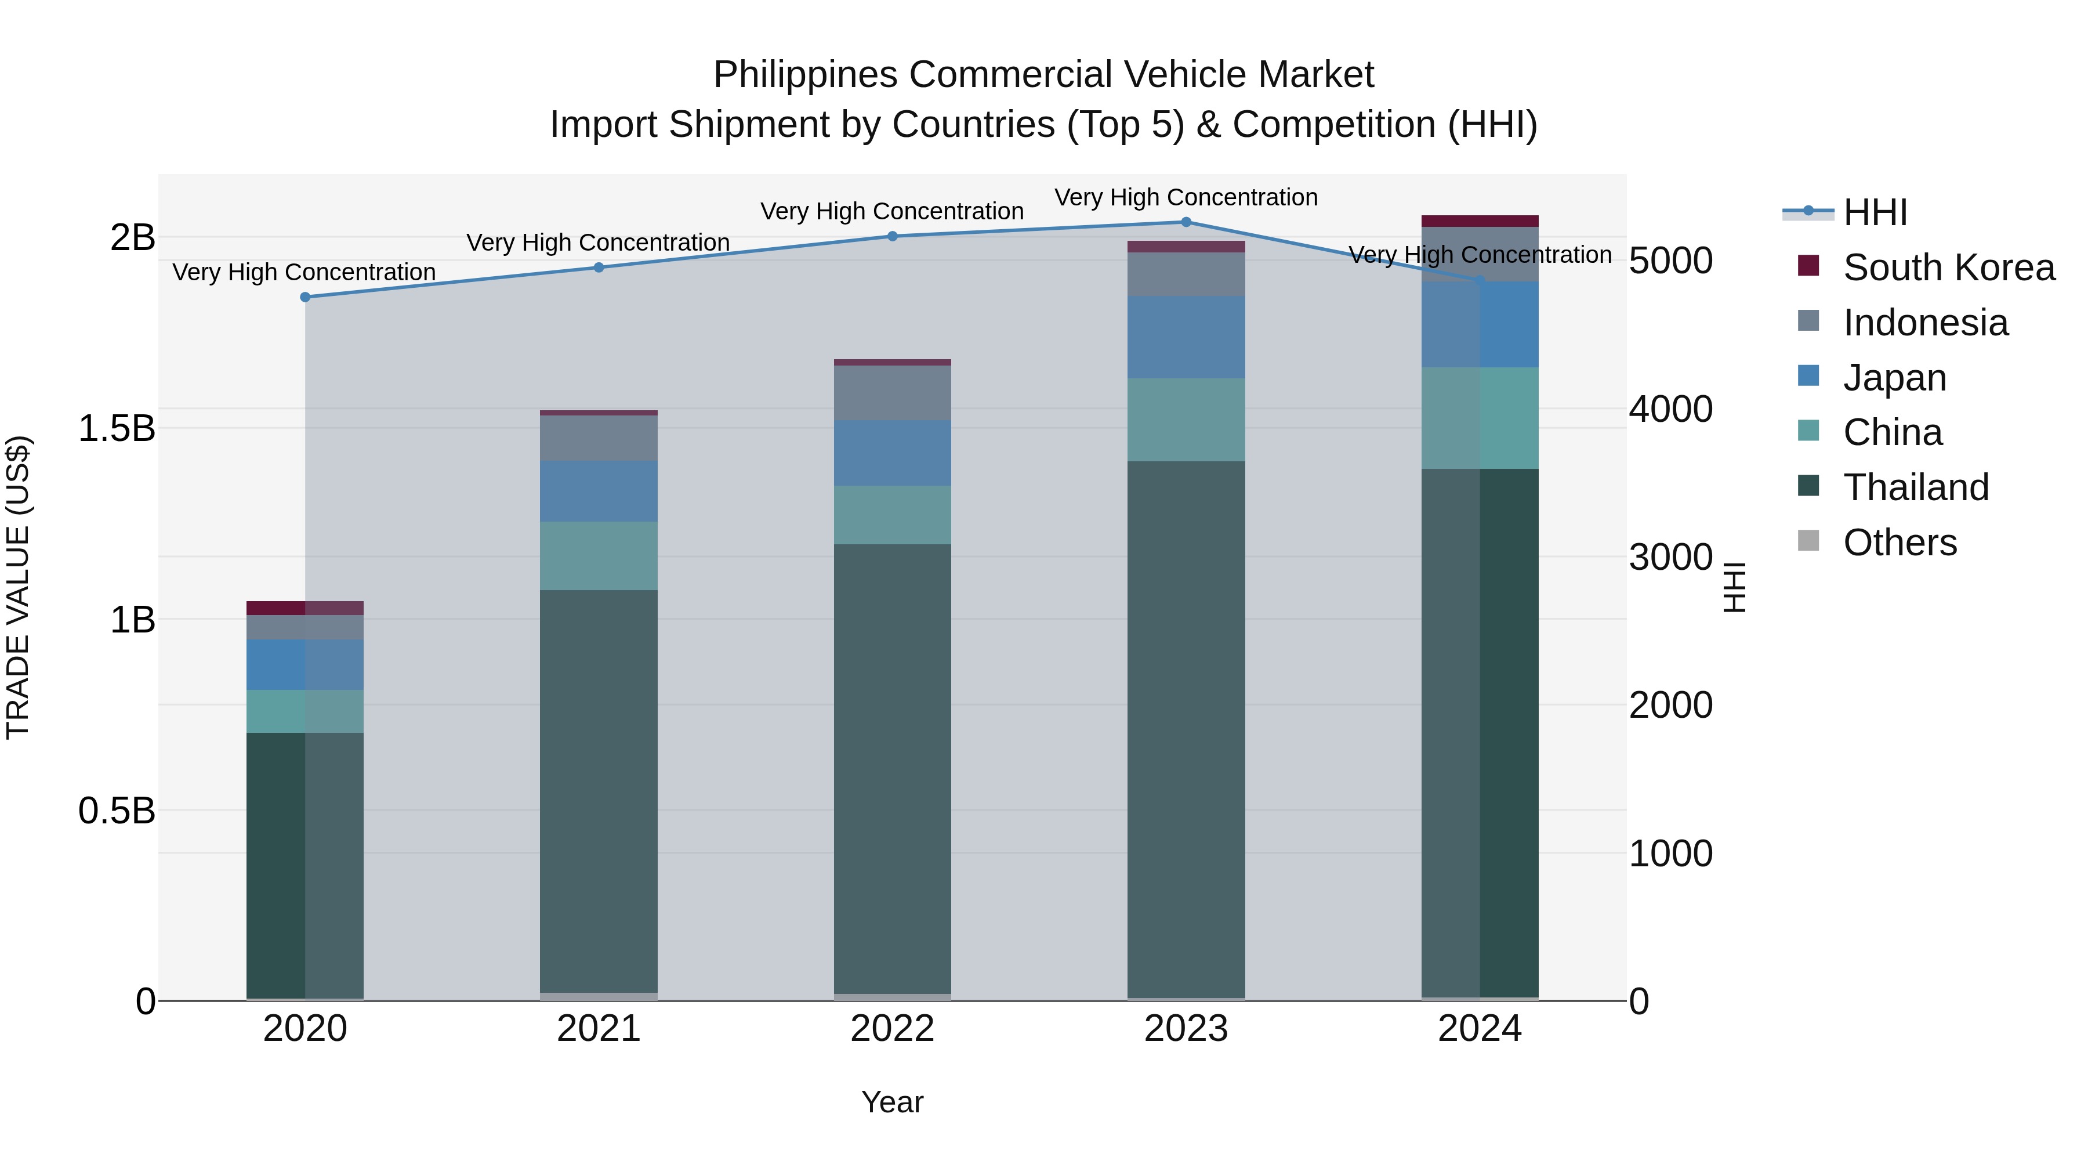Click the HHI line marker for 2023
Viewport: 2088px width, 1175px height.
point(1186,222)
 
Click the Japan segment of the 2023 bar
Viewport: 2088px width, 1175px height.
point(1186,337)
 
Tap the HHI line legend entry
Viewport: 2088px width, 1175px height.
point(1874,212)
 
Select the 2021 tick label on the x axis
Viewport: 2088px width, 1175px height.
point(599,1028)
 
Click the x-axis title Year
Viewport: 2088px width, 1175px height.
point(893,1101)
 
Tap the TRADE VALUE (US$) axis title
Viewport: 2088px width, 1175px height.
point(18,587)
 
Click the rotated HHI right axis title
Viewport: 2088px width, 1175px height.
point(1734,587)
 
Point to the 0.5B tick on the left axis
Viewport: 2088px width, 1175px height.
point(116,810)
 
